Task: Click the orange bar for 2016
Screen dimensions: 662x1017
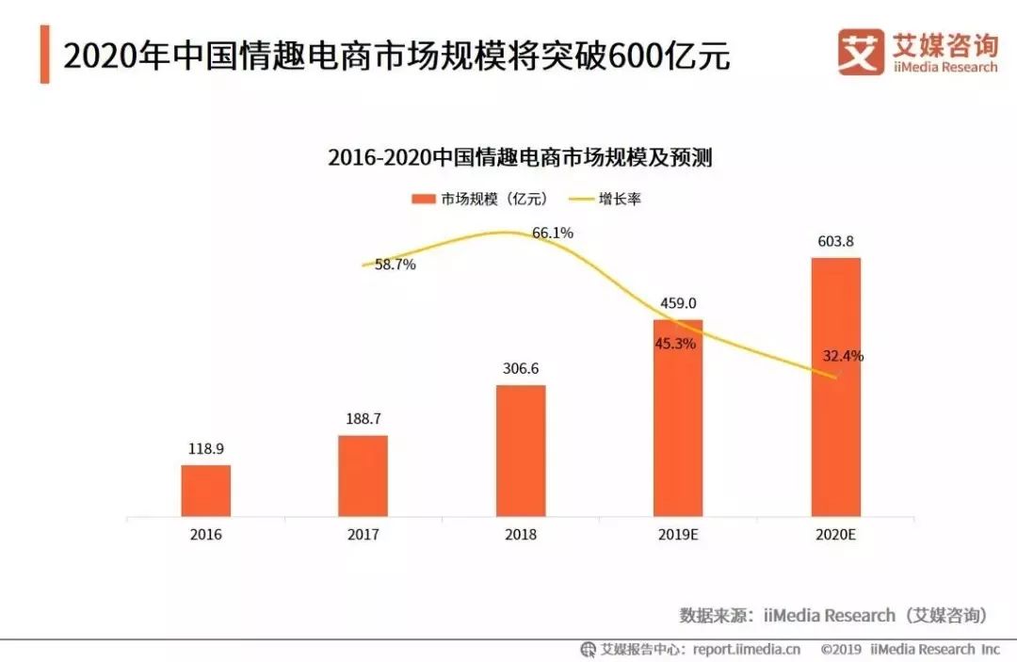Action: click(x=205, y=491)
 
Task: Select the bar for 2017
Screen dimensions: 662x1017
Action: click(x=363, y=476)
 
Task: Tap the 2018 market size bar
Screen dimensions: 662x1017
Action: click(x=520, y=450)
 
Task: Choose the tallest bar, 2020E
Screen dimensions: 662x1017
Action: click(x=835, y=386)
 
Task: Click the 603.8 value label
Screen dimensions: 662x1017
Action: click(x=835, y=242)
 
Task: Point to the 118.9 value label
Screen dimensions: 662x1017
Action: click(x=205, y=449)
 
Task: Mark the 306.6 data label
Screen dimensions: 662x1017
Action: click(x=520, y=368)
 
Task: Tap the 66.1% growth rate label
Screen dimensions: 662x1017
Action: click(x=553, y=233)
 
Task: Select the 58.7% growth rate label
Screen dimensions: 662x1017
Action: click(x=395, y=265)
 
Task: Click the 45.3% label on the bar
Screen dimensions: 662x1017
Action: click(x=675, y=344)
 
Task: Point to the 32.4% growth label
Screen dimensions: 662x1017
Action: click(x=843, y=357)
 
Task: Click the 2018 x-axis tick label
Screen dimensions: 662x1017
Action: click(x=520, y=534)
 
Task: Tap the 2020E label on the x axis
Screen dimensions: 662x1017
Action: click(x=835, y=534)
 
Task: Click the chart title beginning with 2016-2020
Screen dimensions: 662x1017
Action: click(x=520, y=157)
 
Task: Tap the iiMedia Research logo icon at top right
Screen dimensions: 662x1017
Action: click(x=861, y=52)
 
